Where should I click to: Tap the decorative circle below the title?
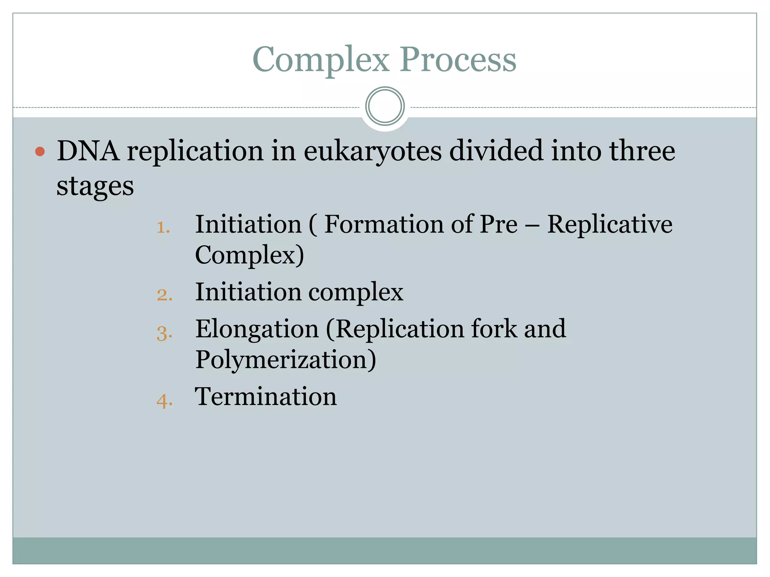[385, 106]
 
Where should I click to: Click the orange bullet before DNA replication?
[40, 152]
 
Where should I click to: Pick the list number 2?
[164, 295]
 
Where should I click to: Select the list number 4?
[164, 400]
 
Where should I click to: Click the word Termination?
[265, 397]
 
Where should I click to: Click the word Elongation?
[257, 329]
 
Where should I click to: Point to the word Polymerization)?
[285, 360]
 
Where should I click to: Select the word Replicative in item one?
[609, 225]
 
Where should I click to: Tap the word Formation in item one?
[384, 225]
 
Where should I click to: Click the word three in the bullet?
[642, 151]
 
